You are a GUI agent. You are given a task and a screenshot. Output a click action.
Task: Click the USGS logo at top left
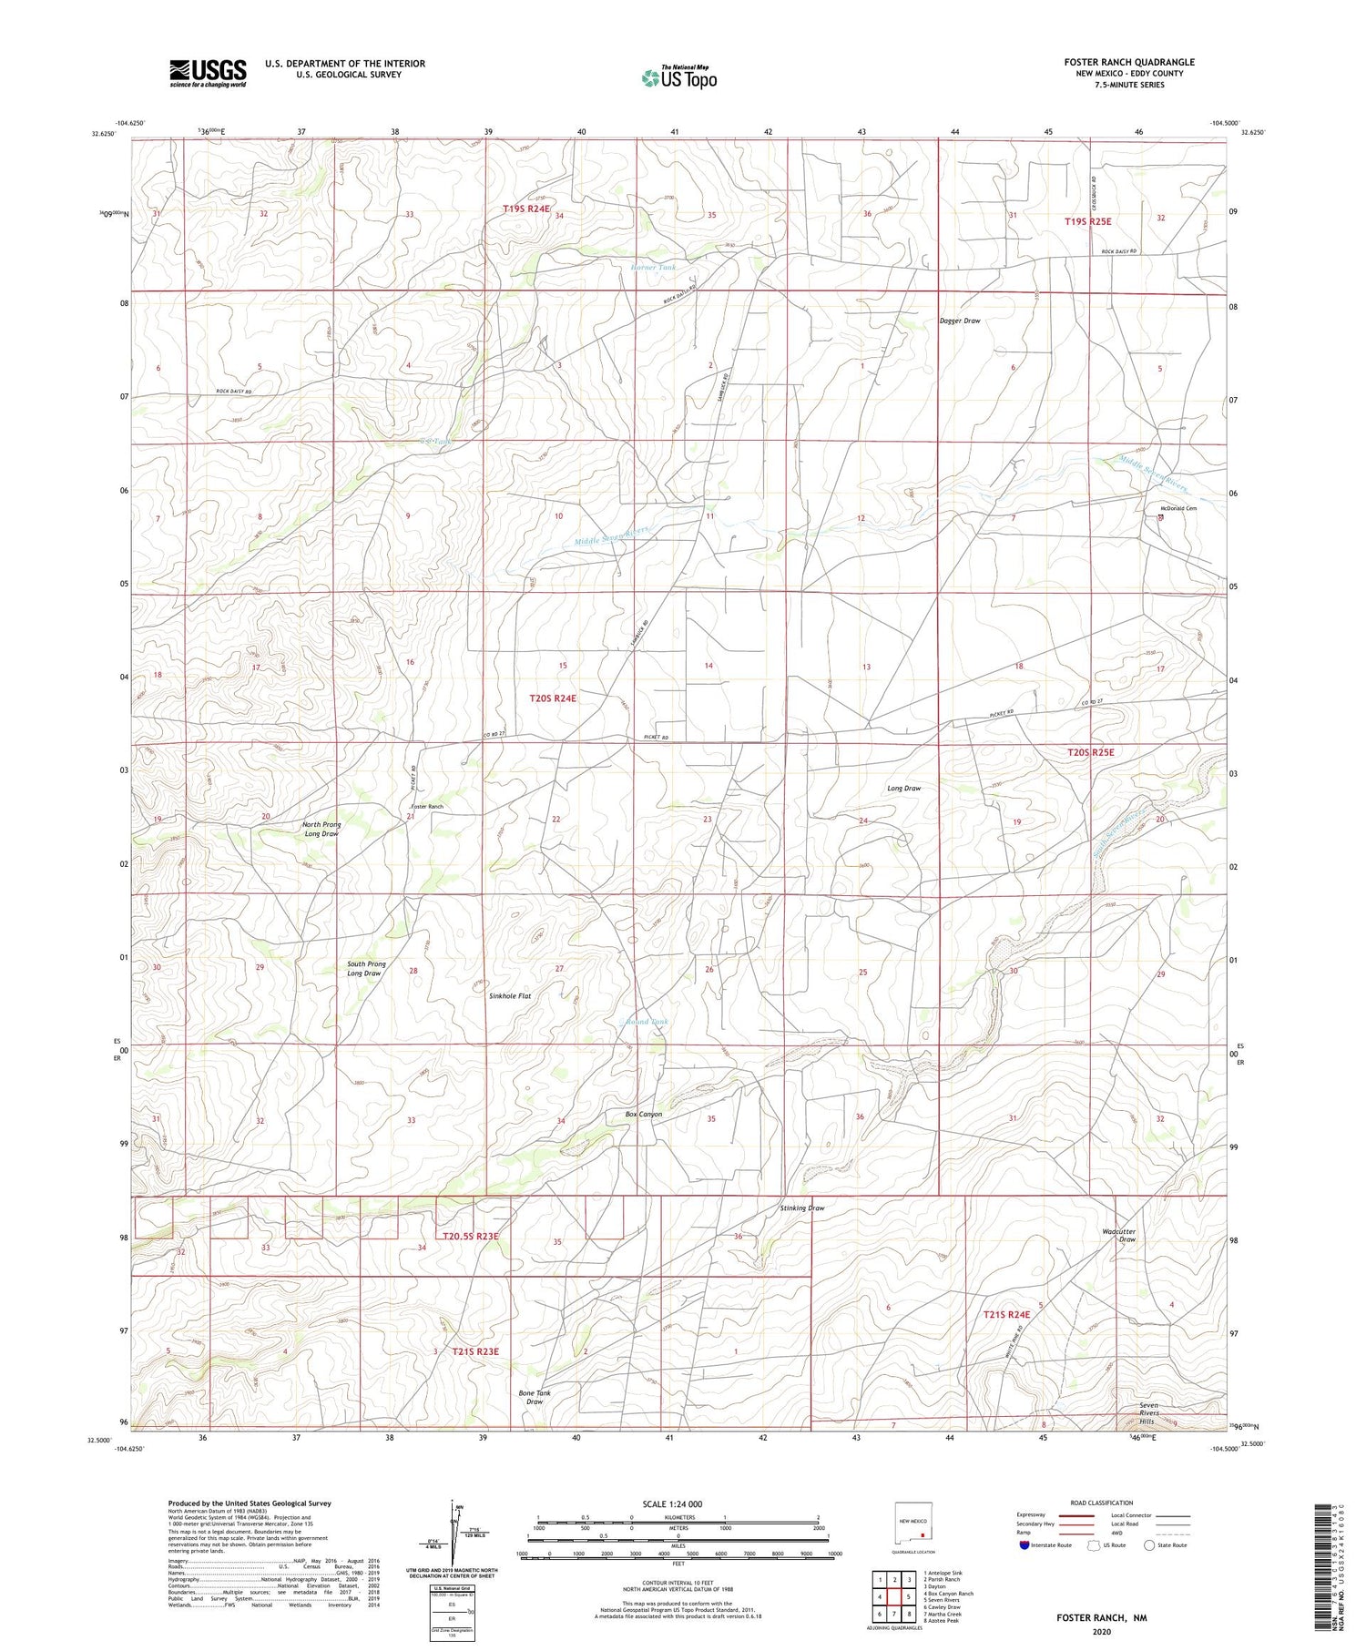(207, 73)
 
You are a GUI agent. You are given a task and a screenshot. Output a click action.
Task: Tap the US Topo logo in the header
(678, 78)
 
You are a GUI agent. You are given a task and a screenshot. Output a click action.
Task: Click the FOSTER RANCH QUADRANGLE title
(1128, 62)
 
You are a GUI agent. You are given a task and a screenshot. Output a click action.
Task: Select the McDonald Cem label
(1177, 508)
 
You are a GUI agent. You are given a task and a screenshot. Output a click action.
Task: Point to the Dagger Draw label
(960, 321)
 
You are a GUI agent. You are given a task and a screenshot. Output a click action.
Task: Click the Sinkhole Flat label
(510, 996)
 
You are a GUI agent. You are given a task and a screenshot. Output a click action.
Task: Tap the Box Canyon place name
(643, 1114)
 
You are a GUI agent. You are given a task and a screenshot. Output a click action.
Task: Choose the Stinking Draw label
(801, 1208)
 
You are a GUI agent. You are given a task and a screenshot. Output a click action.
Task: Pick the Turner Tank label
(654, 268)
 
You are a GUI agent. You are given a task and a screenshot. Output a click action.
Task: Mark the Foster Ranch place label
(427, 807)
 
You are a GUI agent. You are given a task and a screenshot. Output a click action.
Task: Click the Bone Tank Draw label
(535, 1397)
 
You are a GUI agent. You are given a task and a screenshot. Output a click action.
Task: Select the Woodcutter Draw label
(1119, 1235)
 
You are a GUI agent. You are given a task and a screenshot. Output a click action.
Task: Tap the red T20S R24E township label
(553, 698)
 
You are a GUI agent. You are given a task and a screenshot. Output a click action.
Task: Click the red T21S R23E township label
(475, 1351)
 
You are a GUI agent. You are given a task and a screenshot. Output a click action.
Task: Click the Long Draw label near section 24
(903, 788)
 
